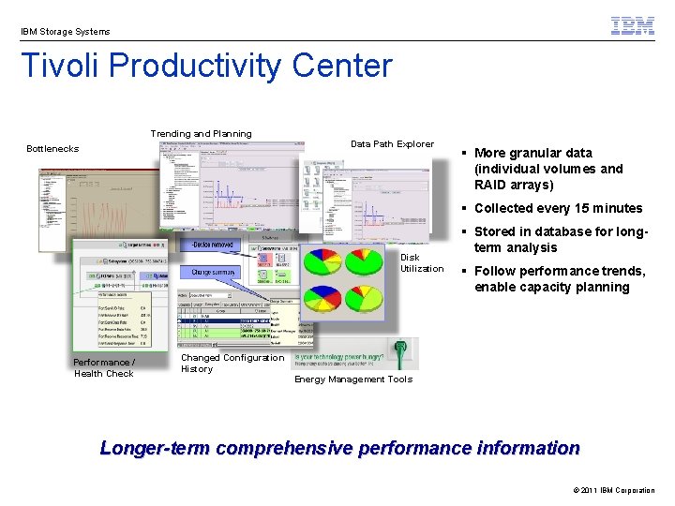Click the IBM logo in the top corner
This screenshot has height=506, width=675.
click(633, 26)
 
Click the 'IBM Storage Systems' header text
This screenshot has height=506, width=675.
click(66, 32)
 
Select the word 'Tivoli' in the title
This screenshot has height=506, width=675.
click(60, 67)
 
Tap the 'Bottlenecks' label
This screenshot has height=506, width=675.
click(52, 149)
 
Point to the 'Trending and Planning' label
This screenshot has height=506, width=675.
click(201, 134)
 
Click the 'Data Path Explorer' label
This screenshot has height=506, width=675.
click(392, 144)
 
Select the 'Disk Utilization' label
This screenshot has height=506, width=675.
click(422, 263)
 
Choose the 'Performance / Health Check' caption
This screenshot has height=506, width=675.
click(104, 368)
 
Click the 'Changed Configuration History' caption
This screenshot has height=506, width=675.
click(232, 364)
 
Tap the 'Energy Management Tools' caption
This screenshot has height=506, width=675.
click(353, 379)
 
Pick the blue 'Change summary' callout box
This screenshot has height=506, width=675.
click(215, 273)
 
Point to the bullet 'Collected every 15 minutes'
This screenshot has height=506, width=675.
click(558, 208)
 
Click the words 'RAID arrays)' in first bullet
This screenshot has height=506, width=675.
click(514, 185)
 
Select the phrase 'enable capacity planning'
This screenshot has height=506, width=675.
click(551, 288)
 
